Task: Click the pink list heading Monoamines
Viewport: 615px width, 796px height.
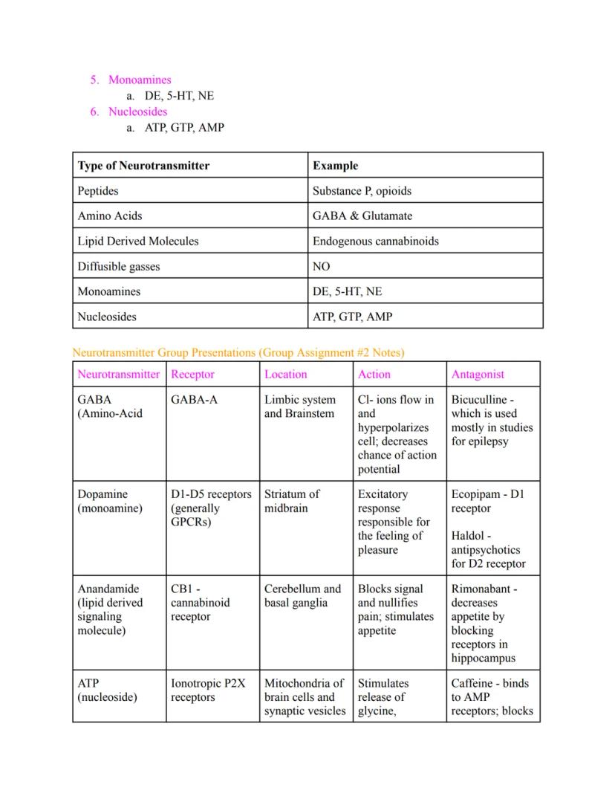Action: tap(140, 80)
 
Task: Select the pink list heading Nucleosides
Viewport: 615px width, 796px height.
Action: tap(137, 111)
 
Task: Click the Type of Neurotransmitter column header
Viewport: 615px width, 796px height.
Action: tap(143, 166)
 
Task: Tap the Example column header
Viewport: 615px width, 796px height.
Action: tap(335, 166)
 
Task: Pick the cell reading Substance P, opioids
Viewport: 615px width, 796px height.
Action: tap(362, 191)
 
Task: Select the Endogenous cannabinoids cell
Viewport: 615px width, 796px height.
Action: tap(375, 242)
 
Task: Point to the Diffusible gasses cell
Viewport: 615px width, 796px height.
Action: tap(119, 267)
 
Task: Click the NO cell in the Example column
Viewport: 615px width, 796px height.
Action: tap(322, 267)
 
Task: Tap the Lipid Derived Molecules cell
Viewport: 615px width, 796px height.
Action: tap(138, 242)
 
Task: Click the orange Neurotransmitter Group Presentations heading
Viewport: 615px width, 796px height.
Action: tap(238, 352)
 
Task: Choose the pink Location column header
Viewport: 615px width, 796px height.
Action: tap(285, 375)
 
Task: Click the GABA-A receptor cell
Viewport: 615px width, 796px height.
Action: tap(194, 400)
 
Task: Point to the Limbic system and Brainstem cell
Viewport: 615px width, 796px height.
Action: tap(300, 407)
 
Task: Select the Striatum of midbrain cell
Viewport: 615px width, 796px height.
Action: tap(292, 501)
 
